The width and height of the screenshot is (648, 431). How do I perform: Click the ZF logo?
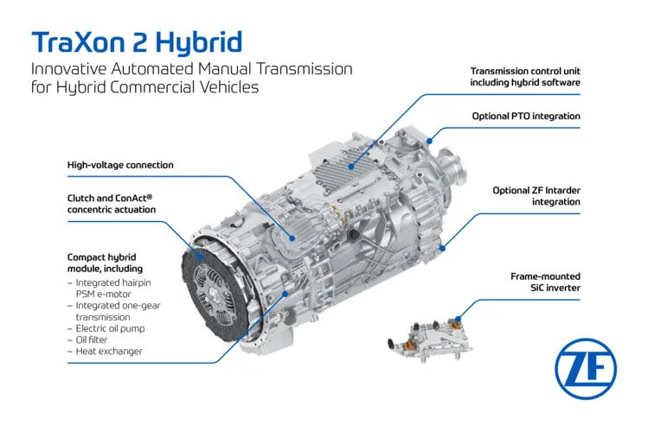click(x=585, y=369)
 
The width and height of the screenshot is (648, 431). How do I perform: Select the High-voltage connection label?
click(x=120, y=165)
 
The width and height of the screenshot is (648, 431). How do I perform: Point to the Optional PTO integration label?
click(x=526, y=117)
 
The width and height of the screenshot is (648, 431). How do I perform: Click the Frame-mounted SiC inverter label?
click(x=545, y=282)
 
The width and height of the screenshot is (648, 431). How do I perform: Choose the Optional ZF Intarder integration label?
click(x=536, y=196)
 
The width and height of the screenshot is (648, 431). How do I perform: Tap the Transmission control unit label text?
click(x=525, y=77)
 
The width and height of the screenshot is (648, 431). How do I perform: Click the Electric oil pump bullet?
click(x=106, y=329)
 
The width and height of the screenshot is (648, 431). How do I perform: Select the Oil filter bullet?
click(x=87, y=339)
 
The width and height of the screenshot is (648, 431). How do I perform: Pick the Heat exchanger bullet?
click(x=105, y=352)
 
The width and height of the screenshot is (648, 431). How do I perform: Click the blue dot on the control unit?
click(x=351, y=167)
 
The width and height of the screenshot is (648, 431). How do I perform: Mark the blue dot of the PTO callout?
click(x=430, y=141)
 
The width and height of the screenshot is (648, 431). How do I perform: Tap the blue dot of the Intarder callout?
click(x=442, y=248)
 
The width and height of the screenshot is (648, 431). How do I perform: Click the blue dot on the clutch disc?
click(x=201, y=257)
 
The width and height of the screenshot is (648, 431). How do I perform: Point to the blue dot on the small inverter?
click(x=458, y=319)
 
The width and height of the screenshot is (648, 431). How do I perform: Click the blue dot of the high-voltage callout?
click(x=292, y=238)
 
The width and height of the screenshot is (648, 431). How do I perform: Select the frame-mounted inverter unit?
click(x=430, y=339)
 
